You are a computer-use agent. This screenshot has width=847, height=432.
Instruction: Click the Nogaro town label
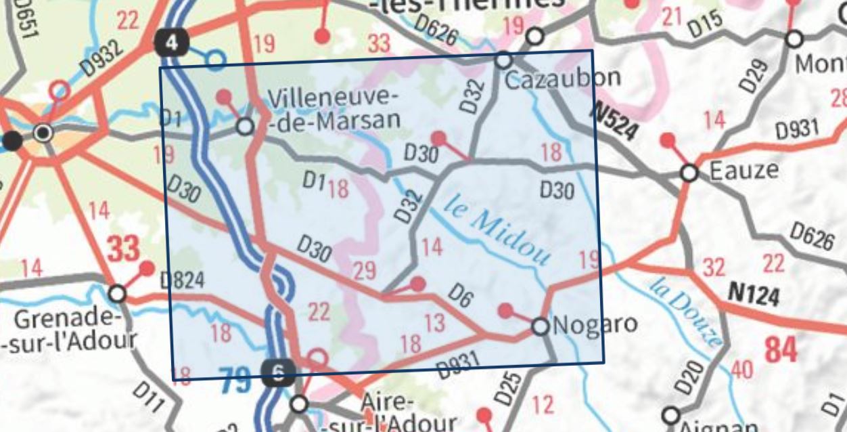[x=595, y=324]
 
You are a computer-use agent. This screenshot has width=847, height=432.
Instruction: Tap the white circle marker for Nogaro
[x=540, y=327]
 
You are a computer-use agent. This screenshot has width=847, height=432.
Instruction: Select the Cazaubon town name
[x=563, y=79]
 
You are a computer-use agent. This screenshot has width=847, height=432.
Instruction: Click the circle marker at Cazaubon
[x=503, y=60]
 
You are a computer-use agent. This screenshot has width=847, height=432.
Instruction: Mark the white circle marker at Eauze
[x=689, y=173]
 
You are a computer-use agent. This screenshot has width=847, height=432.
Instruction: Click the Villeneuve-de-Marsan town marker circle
[x=245, y=127]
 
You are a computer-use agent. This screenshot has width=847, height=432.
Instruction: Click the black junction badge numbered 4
[x=172, y=43]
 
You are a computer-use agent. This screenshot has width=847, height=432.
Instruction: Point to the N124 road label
[x=753, y=294]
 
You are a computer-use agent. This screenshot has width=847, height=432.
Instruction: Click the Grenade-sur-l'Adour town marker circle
[x=117, y=294]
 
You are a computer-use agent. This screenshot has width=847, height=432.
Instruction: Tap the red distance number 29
[x=364, y=272]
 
